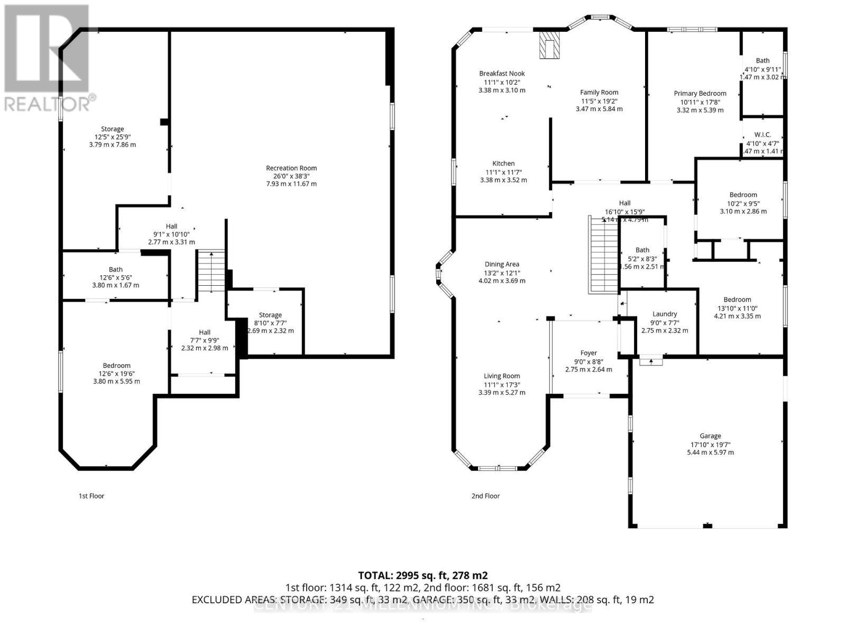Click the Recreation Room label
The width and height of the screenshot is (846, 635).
291,168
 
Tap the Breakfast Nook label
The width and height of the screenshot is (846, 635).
502,74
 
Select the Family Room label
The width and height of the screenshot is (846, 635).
599,92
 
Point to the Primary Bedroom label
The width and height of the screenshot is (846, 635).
700,94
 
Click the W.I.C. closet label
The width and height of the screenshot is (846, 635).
762,135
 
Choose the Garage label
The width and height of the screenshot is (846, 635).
710,436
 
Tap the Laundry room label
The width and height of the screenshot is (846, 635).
665,314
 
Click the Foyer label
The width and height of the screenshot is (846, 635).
588,353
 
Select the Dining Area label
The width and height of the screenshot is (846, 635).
502,264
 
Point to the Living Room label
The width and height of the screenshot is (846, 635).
502,376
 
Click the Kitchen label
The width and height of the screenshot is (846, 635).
503,164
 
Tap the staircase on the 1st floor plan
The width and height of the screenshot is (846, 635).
211,271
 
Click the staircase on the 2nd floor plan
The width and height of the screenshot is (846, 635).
603,256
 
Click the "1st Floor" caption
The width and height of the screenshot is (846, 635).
91,496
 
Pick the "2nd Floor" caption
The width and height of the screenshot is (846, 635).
485,496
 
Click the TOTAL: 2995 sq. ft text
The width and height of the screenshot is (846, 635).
422,575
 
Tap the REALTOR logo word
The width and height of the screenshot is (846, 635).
48,103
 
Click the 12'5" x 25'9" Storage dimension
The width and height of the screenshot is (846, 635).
112,137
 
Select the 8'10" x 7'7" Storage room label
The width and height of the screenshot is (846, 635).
270,315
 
